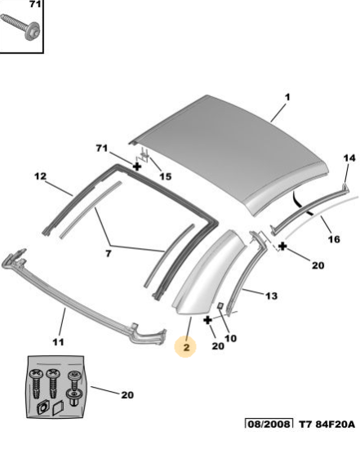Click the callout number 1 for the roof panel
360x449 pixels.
pos(287,97)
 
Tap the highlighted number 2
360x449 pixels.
pos(186,347)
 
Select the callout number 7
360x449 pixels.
pos(108,254)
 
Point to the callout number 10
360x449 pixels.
pos(230,339)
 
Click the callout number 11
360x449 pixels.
pos(58,342)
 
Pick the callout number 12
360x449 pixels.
pos(40,176)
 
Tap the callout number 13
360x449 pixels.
pos(271,296)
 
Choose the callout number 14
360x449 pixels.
pos(349,158)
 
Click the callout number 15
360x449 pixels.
pos(165,176)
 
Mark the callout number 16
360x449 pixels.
pos(334,239)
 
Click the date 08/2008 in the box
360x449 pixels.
pos(269,424)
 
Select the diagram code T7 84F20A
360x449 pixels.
pos(327,424)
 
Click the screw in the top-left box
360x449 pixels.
pos(20,27)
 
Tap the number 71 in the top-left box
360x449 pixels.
pos(35,4)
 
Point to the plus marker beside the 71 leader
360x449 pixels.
pos(137,167)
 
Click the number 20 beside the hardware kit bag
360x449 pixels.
pos(127,395)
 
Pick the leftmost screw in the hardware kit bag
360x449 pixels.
pos(37,384)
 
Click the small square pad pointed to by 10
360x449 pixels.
pos(221,305)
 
